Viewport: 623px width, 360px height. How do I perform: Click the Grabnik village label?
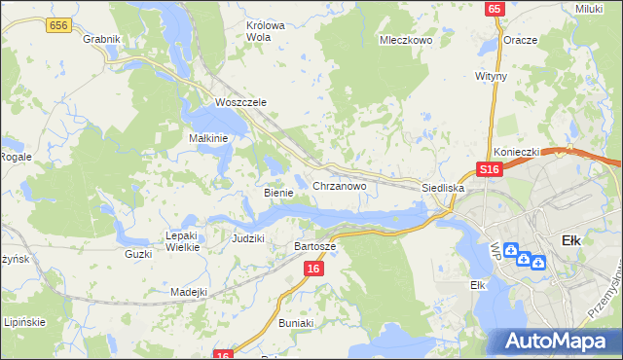(101, 40)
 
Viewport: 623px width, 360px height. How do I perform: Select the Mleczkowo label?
(405, 41)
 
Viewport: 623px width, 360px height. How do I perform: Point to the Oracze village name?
(521, 40)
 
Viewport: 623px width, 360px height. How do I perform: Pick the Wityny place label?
(492, 74)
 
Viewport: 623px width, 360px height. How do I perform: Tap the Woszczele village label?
(240, 102)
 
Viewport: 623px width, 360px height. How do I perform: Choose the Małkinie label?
(207, 138)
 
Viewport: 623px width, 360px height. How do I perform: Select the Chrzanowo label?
(339, 185)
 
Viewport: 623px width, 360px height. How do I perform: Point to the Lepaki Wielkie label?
(183, 241)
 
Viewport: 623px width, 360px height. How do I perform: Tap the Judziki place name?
(248, 237)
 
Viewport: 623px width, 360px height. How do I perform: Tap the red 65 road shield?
(495, 9)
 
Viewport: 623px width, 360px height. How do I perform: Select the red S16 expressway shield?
(489, 169)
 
